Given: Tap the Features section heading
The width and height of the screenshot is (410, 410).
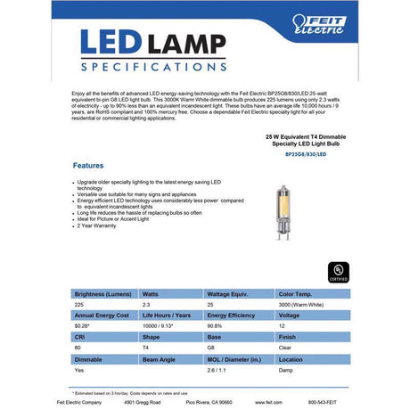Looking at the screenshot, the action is point(87,166).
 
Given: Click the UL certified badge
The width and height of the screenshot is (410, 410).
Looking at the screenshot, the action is point(337,270).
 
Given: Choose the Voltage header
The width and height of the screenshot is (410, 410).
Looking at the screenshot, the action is point(289,316).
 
